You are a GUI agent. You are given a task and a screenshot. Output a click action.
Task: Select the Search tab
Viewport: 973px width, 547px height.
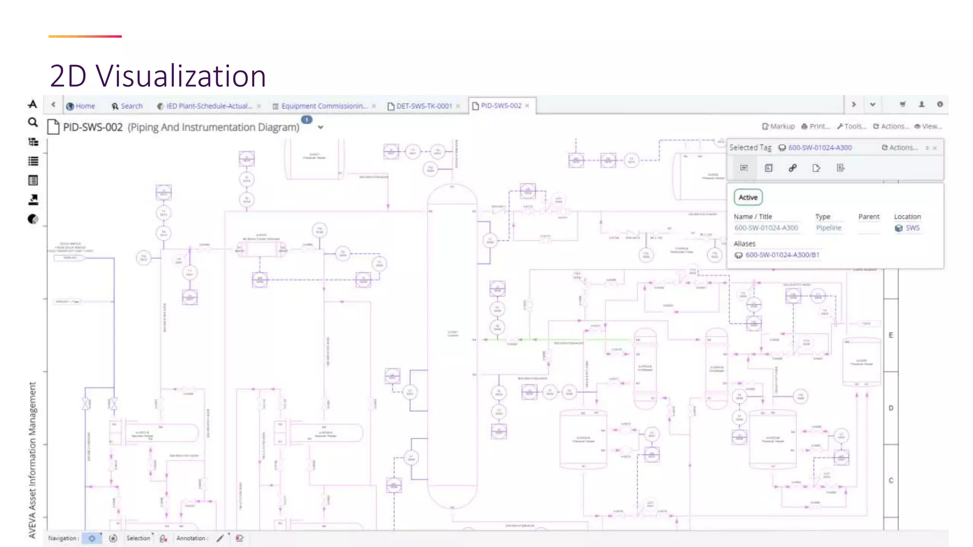point(127,106)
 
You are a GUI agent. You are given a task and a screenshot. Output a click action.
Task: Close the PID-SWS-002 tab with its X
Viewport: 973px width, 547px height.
point(527,105)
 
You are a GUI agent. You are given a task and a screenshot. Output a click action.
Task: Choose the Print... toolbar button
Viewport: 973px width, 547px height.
point(816,126)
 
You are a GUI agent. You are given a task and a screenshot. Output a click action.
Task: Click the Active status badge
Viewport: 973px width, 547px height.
point(748,197)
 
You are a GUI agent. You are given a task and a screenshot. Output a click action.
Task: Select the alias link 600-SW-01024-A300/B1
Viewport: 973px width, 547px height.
point(782,255)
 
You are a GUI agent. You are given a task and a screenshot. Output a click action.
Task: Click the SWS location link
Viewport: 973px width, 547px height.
point(912,228)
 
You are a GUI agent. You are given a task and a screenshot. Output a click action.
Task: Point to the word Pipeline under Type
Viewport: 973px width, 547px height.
point(829,228)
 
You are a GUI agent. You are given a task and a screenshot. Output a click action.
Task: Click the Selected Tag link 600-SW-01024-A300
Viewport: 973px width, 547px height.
point(820,148)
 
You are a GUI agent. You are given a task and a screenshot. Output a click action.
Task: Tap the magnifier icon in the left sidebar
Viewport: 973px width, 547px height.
point(33,123)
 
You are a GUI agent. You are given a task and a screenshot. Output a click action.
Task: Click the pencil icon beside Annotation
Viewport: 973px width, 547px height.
point(219,538)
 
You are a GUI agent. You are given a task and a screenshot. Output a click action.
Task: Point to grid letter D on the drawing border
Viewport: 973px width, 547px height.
point(891,408)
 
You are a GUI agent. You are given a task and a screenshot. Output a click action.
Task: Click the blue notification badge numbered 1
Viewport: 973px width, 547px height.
point(307,120)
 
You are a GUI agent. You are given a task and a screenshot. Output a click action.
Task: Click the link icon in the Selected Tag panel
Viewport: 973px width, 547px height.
point(792,168)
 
